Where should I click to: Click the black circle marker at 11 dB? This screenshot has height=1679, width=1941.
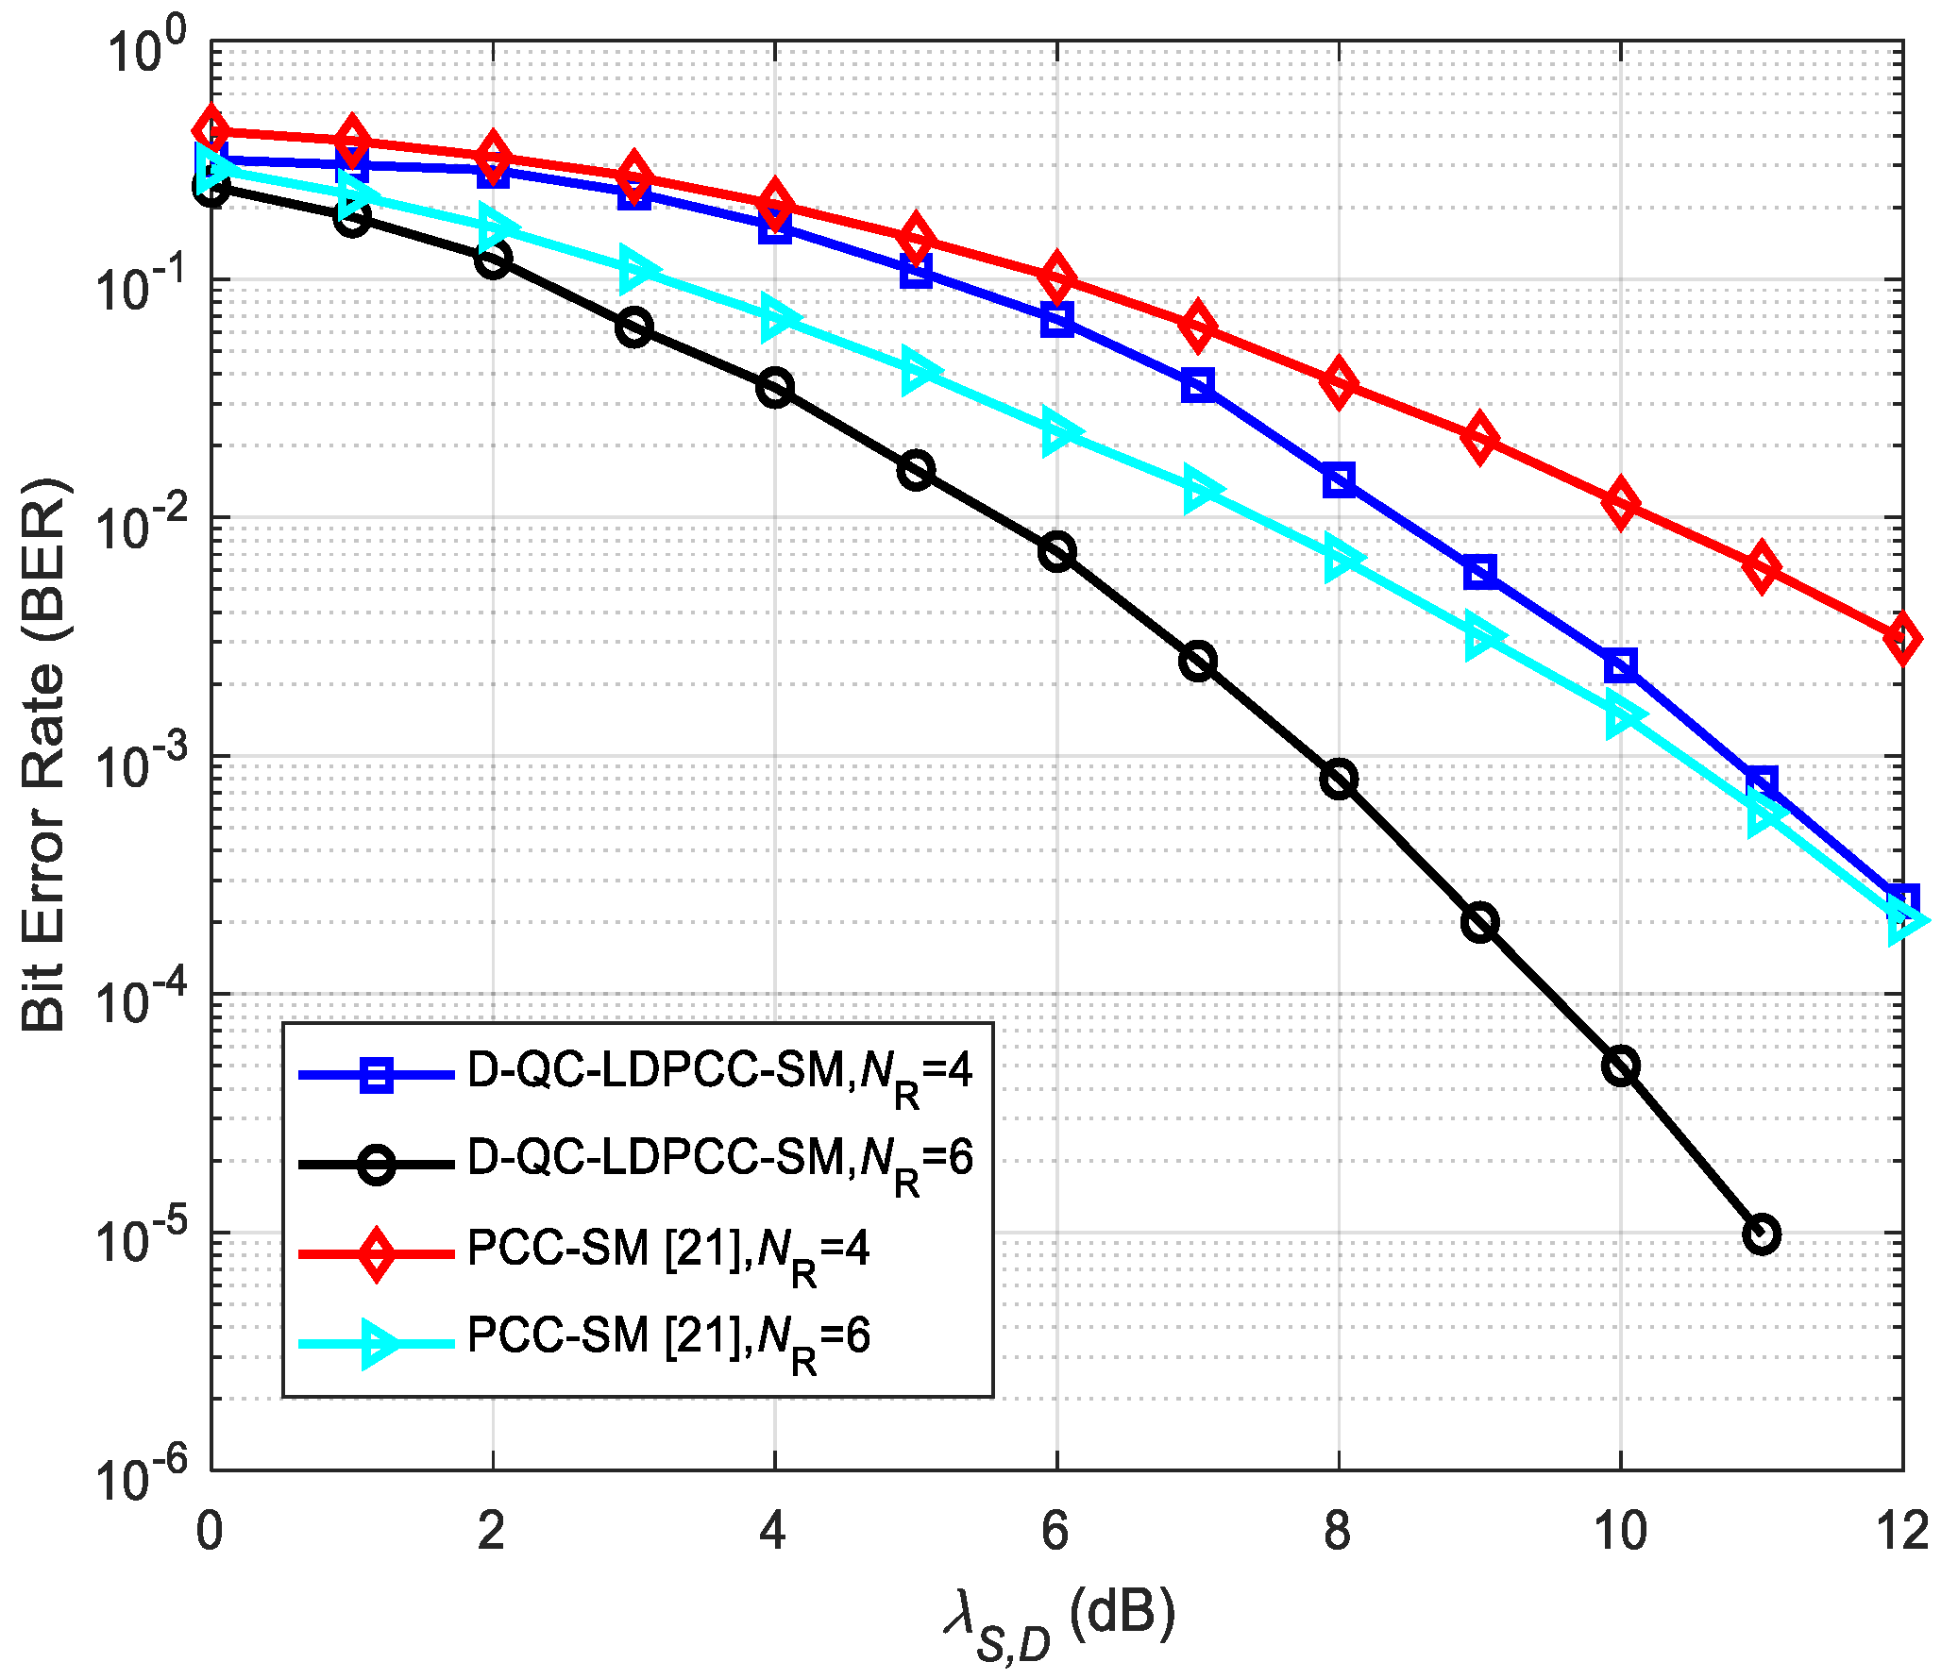(1762, 1234)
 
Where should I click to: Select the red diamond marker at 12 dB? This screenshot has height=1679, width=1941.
(1901, 638)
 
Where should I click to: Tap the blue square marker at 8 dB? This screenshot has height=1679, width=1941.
(1339, 480)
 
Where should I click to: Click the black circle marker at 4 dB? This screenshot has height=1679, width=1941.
(775, 388)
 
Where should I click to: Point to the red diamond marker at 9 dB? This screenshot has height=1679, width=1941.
(1479, 438)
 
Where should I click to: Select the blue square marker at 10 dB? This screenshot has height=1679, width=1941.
(1621, 666)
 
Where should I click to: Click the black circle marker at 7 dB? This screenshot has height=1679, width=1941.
(1198, 661)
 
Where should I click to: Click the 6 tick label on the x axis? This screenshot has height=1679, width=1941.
(1055, 1530)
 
